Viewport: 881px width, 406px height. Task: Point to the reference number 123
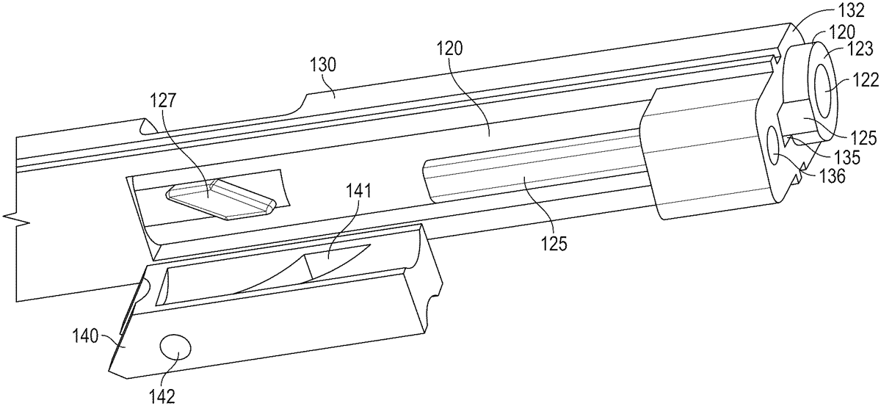click(x=858, y=50)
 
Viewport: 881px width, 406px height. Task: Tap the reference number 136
click(x=832, y=176)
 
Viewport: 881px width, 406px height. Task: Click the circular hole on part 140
click(x=176, y=347)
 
